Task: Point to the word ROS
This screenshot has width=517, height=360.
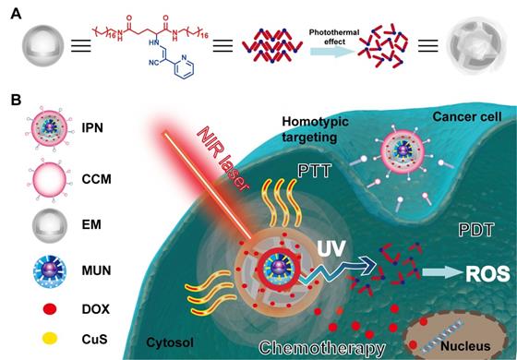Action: tap(480, 272)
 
